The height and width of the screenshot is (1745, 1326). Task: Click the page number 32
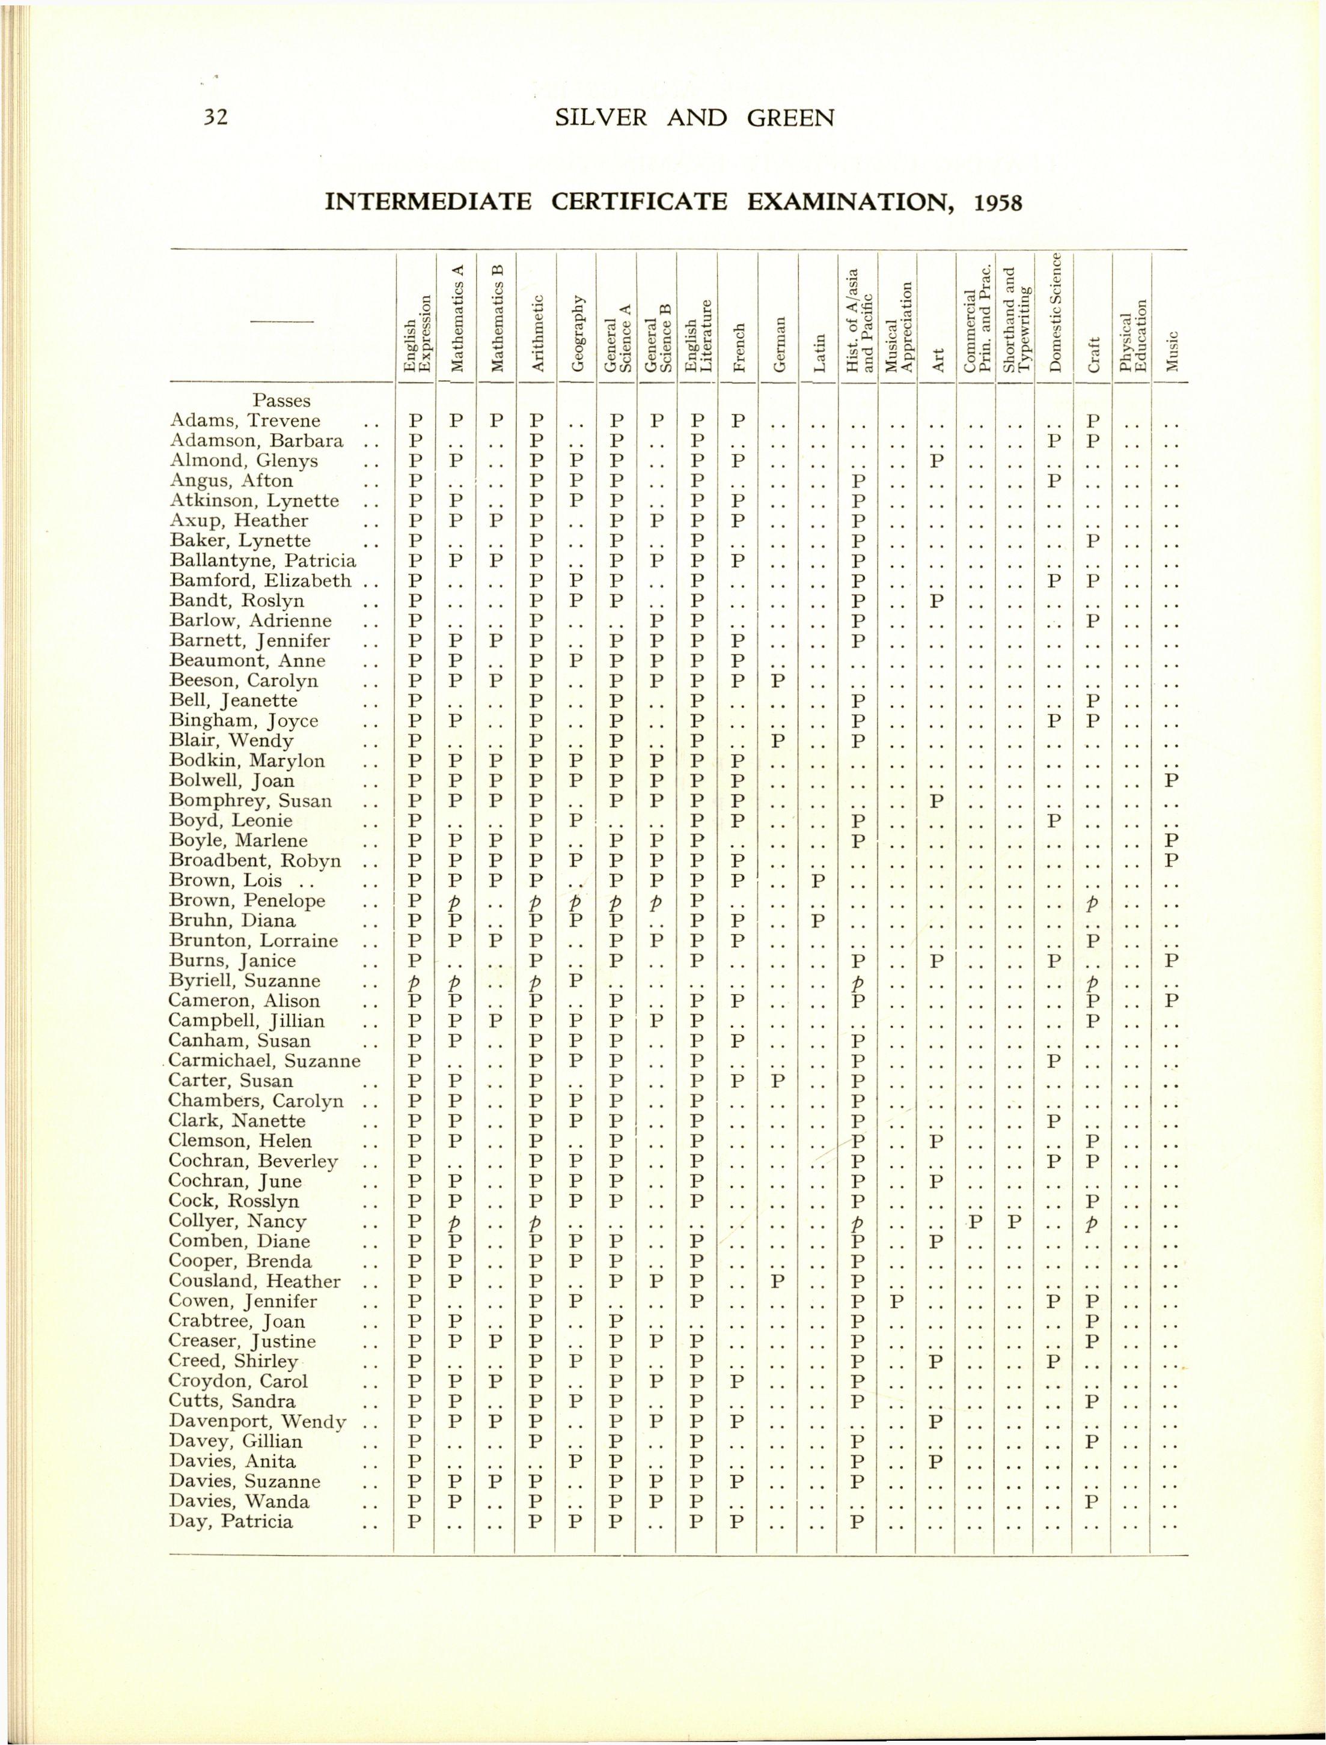coord(215,118)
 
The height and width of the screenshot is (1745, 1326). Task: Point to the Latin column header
coord(820,353)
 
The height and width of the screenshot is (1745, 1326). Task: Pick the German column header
coord(780,344)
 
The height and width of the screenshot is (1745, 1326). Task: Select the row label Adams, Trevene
coord(245,420)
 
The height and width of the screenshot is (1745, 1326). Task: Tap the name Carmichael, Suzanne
coord(264,1060)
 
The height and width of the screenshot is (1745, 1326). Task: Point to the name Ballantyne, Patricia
coord(262,561)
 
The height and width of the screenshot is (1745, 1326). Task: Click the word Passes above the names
coord(282,401)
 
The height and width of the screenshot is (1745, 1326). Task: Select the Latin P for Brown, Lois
coord(819,881)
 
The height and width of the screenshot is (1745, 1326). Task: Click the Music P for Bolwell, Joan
coord(1172,780)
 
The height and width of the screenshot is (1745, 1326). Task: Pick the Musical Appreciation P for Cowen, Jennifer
coord(897,1301)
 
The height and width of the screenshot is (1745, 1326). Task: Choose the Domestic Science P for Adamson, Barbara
coord(1054,440)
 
